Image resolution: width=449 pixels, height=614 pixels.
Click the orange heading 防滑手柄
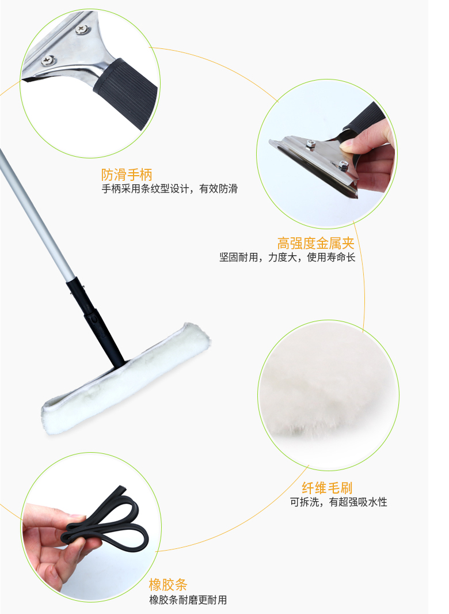click(x=127, y=175)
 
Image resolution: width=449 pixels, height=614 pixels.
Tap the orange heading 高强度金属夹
click(x=315, y=243)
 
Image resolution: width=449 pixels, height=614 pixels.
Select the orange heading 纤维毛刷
click(x=327, y=487)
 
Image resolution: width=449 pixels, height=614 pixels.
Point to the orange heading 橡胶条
click(x=168, y=585)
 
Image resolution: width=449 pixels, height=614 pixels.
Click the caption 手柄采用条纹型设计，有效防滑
click(x=169, y=189)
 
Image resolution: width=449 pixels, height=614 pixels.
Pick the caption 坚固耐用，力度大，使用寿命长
click(x=287, y=257)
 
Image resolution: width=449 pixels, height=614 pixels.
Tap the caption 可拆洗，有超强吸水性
click(x=338, y=502)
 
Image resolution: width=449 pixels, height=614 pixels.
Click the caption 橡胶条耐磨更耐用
click(x=188, y=600)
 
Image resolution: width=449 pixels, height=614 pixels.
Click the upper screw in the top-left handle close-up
click(x=82, y=29)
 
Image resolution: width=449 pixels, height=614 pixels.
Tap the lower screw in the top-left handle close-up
click(x=48, y=60)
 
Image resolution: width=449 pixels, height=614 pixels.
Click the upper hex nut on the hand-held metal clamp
click(x=311, y=144)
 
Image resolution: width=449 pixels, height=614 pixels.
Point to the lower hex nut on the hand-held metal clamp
click(x=343, y=166)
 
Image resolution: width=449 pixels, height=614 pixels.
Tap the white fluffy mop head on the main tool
click(x=126, y=378)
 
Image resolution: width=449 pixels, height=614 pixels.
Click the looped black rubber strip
click(x=106, y=519)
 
